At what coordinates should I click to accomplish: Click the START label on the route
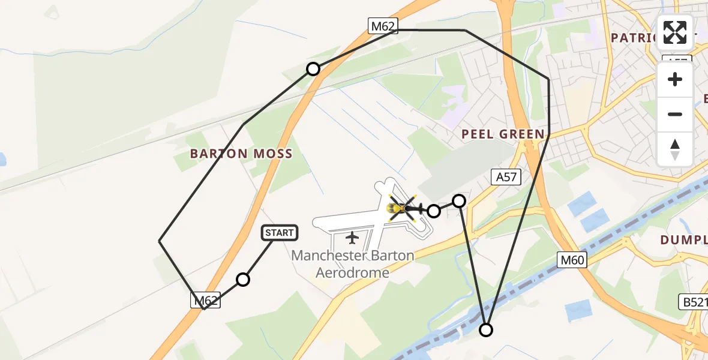[280, 233]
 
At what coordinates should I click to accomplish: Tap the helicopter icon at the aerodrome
[402, 208]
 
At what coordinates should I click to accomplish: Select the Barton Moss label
[241, 154]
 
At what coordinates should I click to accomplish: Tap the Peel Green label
[503, 134]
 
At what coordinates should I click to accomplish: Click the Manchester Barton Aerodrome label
[353, 264]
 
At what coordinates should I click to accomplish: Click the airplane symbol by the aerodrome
[352, 238]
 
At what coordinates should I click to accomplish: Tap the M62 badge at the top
[383, 25]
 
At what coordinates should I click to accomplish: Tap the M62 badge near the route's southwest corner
[206, 300]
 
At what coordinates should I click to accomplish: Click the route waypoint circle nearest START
[242, 279]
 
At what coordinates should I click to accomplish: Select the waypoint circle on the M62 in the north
[313, 69]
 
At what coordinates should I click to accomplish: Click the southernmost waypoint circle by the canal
[486, 329]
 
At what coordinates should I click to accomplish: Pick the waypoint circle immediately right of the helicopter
[433, 211]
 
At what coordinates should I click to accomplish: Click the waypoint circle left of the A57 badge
[459, 201]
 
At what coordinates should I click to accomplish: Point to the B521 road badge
[695, 302]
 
